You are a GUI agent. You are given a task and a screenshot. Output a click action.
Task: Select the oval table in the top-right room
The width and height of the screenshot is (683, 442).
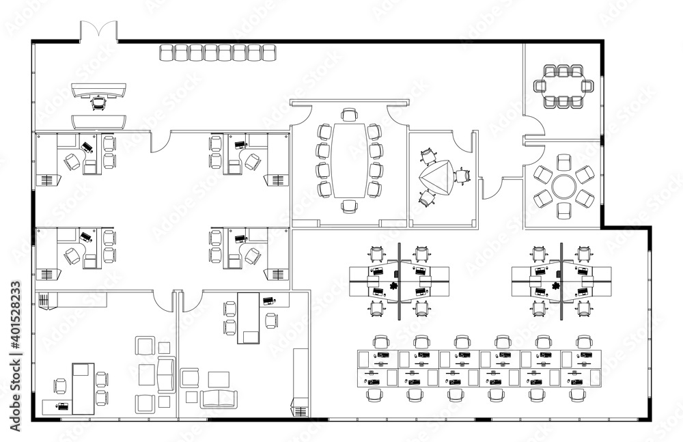point(563,85)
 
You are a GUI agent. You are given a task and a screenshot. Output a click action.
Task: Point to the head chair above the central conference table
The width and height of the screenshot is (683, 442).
point(350,114)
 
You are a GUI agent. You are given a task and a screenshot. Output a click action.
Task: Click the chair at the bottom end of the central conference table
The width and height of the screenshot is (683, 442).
point(350,206)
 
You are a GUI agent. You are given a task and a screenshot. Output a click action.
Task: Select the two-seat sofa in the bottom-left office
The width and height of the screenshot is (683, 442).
point(165,374)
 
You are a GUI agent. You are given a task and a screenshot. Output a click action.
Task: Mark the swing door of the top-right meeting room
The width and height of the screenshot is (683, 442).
point(535,126)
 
